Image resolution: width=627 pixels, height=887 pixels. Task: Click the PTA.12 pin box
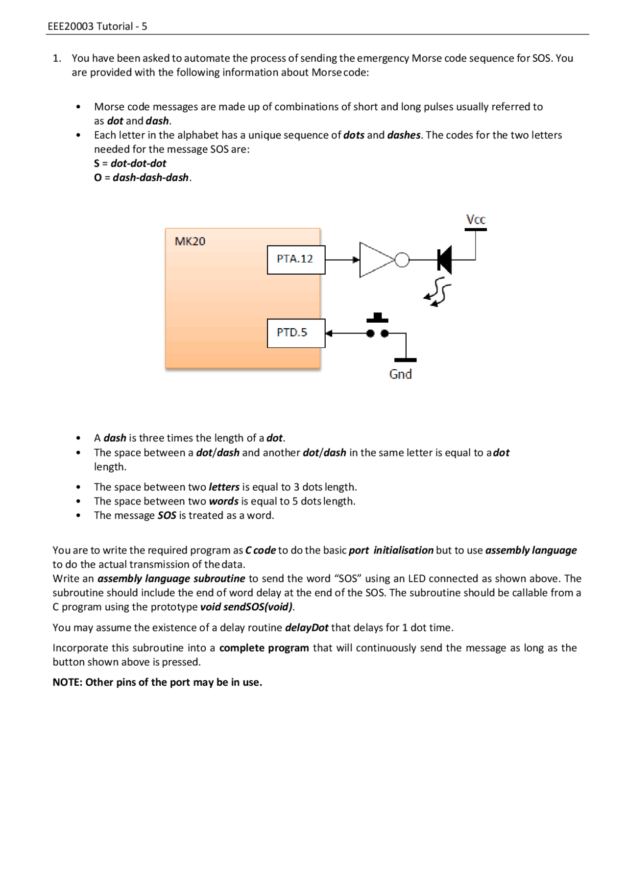296,260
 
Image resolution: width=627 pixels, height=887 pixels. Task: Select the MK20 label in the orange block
190,241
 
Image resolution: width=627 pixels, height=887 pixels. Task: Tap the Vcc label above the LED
475,219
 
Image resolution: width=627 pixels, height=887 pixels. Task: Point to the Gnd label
400,374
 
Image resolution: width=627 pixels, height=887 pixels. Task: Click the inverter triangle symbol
375,260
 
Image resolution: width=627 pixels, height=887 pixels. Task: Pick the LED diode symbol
444,260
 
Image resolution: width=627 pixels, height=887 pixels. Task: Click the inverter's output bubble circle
402,260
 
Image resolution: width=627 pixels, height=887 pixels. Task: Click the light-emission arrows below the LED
437,293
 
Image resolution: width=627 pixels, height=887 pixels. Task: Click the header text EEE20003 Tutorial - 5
97,26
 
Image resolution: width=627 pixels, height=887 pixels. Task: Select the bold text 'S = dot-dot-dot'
130,163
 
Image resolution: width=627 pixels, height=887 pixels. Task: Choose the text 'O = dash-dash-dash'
142,177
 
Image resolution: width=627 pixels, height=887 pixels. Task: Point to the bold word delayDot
307,627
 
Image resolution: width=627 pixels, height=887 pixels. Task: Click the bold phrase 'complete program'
264,648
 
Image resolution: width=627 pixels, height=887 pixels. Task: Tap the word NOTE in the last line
67,682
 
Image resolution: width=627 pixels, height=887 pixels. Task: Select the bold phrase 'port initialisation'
391,550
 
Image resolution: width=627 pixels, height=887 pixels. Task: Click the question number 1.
57,58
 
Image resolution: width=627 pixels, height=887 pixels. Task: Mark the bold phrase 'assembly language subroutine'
171,578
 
